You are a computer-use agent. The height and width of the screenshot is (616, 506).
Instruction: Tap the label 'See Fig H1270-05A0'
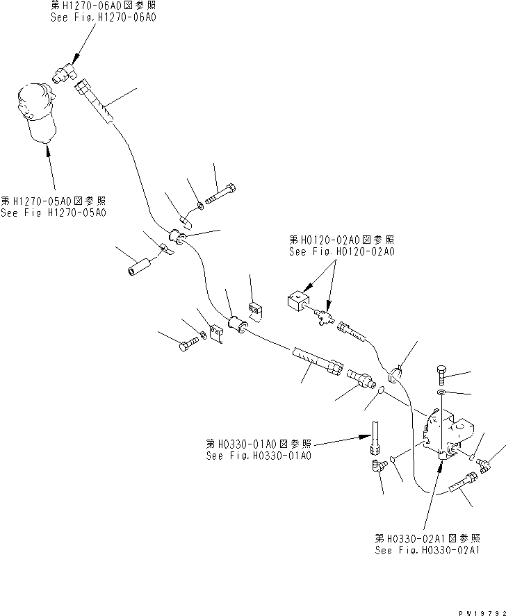(x=54, y=213)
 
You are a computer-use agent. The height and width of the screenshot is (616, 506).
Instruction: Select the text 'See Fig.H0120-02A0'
(x=342, y=252)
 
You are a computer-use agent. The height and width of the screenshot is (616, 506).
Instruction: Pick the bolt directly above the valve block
(x=443, y=374)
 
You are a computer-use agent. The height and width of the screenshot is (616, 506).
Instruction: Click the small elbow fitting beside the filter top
(x=66, y=72)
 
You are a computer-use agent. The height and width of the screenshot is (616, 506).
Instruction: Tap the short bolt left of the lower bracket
(x=188, y=344)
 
